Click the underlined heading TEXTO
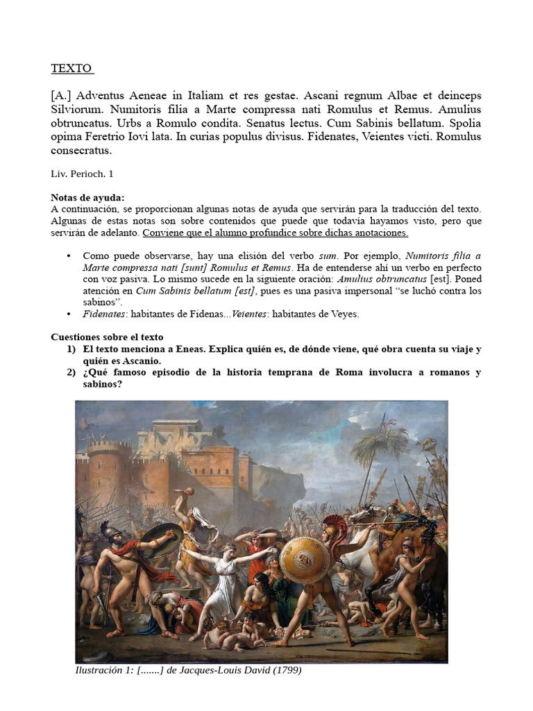click(x=71, y=68)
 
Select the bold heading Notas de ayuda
click(x=87, y=198)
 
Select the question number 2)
click(x=71, y=372)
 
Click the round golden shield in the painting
click(x=305, y=560)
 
